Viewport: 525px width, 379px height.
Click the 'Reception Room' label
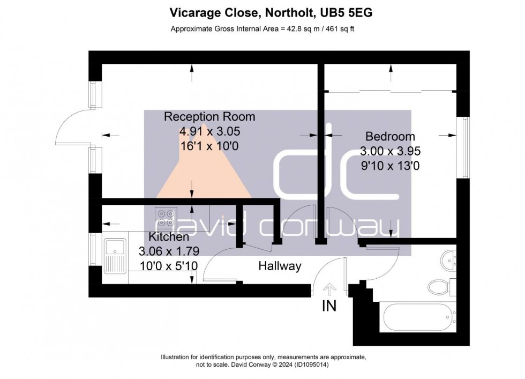tap(209, 117)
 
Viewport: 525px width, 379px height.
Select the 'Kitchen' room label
tap(168, 237)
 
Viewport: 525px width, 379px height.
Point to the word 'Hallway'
tap(280, 266)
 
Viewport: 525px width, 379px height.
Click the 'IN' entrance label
tap(329, 306)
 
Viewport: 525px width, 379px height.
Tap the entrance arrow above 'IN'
tap(329, 289)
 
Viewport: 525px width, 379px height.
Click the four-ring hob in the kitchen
tap(164, 216)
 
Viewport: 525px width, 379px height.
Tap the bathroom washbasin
tap(448, 261)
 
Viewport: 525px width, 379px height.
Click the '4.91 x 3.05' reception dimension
tap(209, 130)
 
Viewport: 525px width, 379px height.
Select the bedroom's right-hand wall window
tap(465, 148)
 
